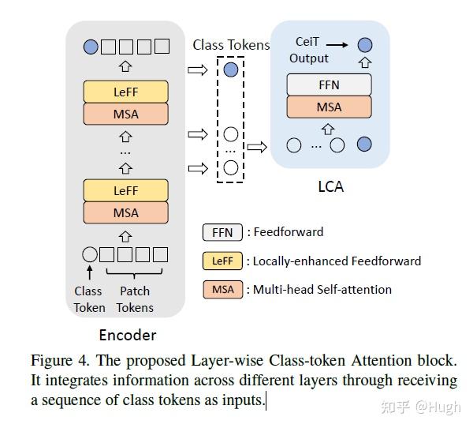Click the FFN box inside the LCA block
[329, 84]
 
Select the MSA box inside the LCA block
[329, 107]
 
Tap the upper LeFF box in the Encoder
[126, 92]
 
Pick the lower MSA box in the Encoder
[126, 212]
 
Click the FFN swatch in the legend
[222, 232]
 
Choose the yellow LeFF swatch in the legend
[222, 261]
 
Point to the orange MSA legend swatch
[222, 289]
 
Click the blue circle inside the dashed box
[230, 70]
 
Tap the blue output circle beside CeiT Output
[364, 45]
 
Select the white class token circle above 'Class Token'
[90, 254]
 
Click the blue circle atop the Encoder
[91, 46]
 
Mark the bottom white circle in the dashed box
[230, 167]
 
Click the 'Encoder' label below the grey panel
[127, 334]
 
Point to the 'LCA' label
[330, 187]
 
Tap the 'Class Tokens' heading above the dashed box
[231, 45]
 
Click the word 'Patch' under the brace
[135, 291]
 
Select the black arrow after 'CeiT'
[337, 45]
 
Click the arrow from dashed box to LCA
[257, 146]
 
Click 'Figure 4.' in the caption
[61, 361]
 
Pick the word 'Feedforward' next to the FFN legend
[289, 232]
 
